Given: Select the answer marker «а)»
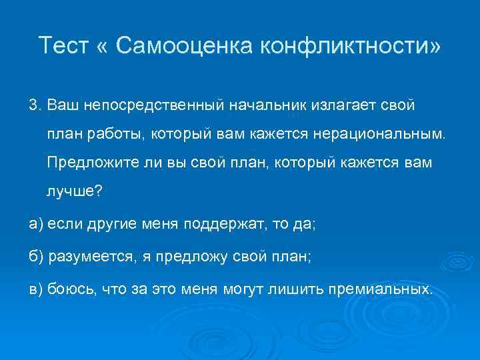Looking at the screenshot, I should click(35, 225).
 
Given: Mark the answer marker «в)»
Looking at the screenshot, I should click(35, 290).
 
